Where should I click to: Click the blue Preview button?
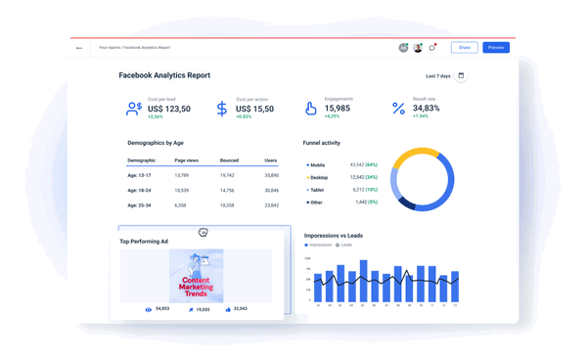click(x=496, y=47)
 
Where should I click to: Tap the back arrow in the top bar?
click(x=79, y=47)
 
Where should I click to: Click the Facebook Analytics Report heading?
click(x=164, y=75)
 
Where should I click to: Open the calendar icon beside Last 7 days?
click(x=462, y=75)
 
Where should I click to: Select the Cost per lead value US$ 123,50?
click(x=169, y=109)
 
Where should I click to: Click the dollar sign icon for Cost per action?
click(x=222, y=109)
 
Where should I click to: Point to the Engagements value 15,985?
click(x=338, y=108)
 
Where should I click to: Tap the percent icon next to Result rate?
click(x=398, y=109)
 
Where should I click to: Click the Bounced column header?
click(x=229, y=159)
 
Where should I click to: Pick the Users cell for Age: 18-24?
click(x=271, y=190)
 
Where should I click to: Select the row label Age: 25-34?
click(x=141, y=205)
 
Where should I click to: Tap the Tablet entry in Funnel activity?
click(x=318, y=190)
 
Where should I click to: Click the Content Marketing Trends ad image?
click(x=196, y=275)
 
